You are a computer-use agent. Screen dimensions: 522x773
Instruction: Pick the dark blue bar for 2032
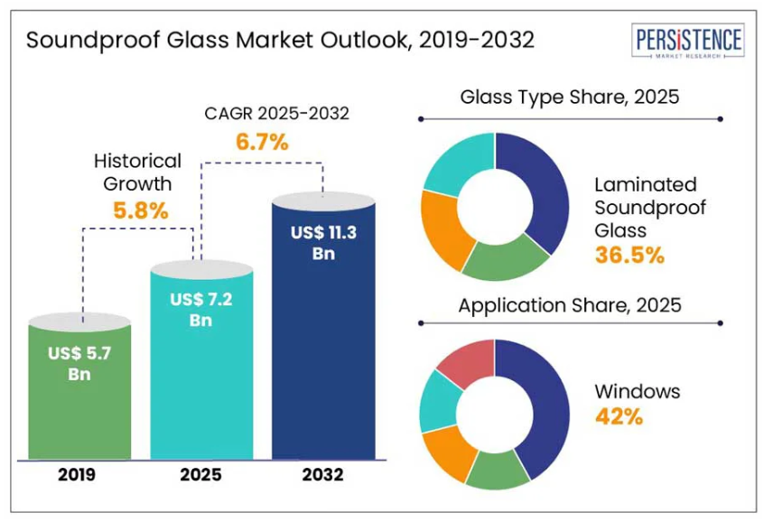(323, 343)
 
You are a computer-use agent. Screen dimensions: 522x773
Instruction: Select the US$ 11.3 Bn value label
(323, 243)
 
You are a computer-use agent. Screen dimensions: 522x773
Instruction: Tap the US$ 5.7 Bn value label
(79, 363)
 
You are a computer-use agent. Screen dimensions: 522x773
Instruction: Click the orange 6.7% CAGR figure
(262, 142)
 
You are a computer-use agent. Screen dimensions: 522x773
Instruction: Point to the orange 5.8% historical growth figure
(140, 211)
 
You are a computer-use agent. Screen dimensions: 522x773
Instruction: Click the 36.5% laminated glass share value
(629, 256)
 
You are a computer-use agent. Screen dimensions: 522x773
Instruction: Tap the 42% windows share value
(619, 416)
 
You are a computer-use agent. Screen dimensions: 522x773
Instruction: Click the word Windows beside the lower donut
(638, 392)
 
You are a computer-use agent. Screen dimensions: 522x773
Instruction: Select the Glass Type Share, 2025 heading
(569, 97)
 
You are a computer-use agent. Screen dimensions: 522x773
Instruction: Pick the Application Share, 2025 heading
(569, 305)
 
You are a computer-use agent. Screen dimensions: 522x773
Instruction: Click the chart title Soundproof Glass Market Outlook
(280, 41)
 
